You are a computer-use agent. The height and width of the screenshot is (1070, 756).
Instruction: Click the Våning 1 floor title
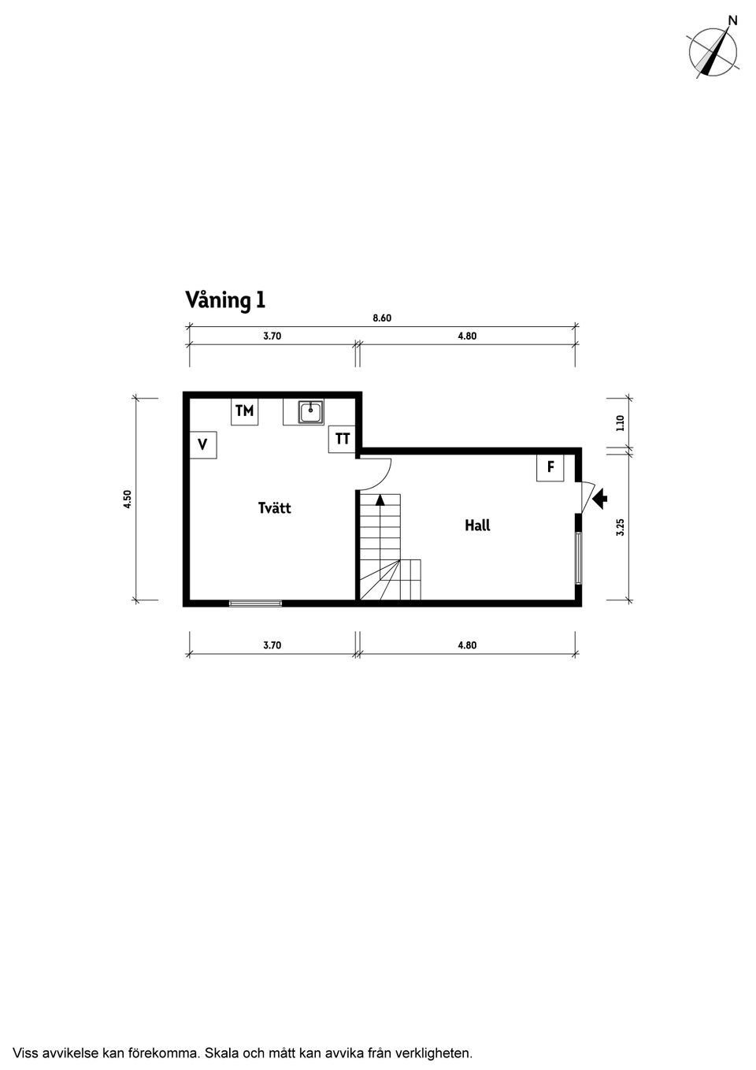225,300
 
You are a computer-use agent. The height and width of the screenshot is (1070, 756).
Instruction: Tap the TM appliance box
245,411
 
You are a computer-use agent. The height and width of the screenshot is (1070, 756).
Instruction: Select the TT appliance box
343,439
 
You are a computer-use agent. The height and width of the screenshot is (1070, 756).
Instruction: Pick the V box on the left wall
203,444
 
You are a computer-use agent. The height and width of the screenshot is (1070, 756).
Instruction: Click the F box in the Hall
550,467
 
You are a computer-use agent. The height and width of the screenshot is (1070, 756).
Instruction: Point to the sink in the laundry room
311,412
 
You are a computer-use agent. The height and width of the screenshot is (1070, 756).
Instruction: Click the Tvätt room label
274,508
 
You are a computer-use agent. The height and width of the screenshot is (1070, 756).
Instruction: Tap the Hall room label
477,526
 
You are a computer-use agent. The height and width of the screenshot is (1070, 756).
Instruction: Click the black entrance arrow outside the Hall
600,498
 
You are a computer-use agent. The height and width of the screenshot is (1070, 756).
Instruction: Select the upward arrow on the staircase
380,500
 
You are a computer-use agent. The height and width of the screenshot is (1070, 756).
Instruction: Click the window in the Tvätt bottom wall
255,604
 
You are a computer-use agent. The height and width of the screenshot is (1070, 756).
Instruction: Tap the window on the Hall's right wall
578,559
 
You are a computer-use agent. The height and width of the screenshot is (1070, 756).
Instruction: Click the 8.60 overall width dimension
382,318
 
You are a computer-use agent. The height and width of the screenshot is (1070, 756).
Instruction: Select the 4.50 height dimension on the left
128,500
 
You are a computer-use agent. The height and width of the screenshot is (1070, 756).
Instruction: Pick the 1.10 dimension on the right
621,423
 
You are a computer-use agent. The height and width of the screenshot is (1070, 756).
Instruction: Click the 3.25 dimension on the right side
621,527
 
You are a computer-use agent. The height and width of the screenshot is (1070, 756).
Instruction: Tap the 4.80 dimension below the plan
467,645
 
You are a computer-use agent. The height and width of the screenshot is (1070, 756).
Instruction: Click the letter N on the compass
733,20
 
